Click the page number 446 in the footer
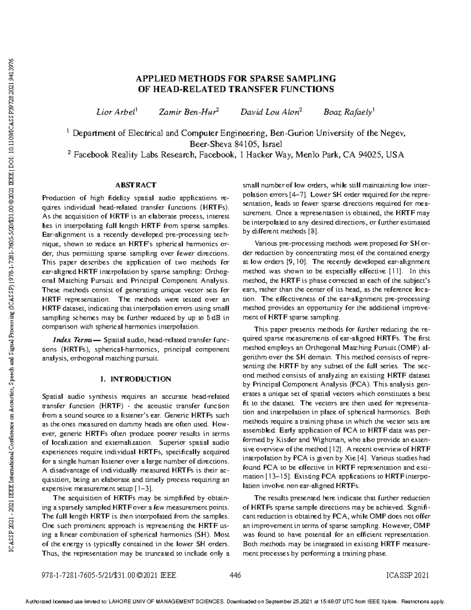tap(235, 575)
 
